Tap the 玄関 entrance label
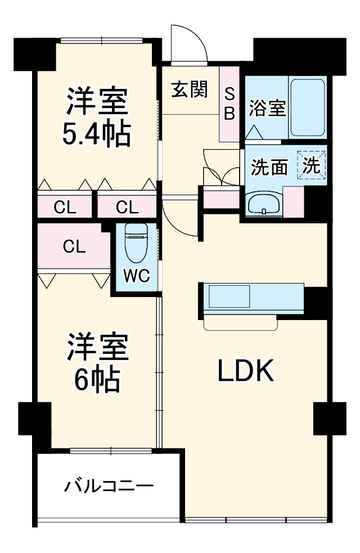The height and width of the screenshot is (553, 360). (190, 89)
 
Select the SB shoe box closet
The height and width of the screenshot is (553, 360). (229, 104)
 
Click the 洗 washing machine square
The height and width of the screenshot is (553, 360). (312, 165)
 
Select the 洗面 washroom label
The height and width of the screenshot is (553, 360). (269, 167)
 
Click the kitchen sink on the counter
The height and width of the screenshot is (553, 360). (229, 296)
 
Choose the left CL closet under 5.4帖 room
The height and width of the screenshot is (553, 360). (65, 208)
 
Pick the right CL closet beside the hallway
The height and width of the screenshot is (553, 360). (127, 208)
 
